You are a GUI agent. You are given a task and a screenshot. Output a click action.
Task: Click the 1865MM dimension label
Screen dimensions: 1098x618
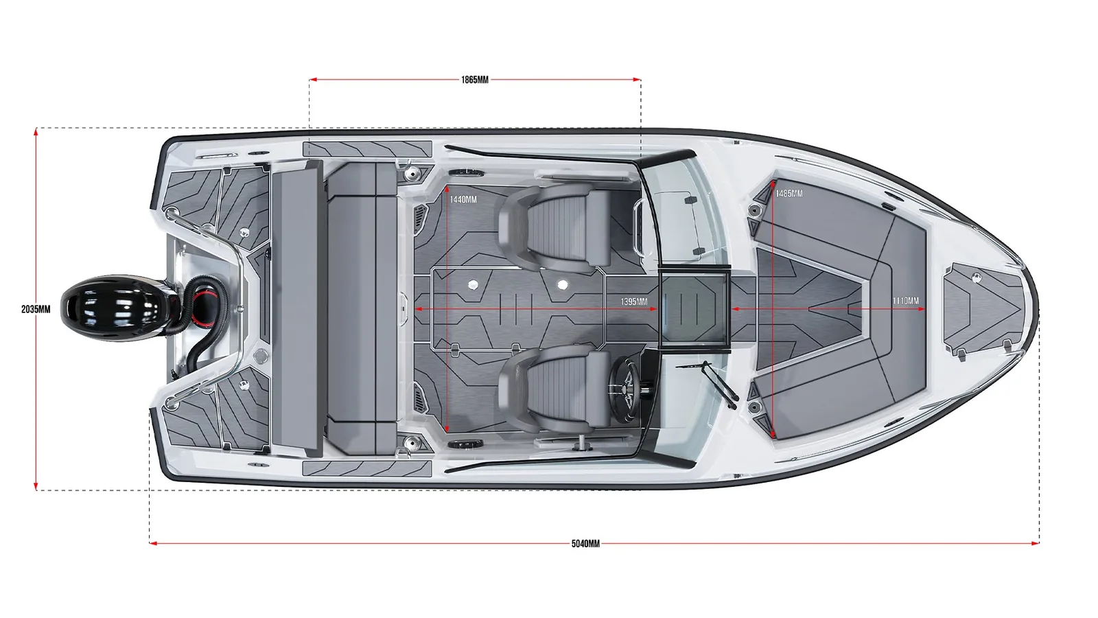click(474, 80)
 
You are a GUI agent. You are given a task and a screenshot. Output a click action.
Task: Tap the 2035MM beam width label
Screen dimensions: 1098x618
click(36, 310)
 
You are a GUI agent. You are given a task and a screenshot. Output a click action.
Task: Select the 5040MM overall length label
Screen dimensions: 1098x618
click(585, 543)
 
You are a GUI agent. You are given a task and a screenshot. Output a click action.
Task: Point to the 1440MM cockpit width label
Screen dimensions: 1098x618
click(463, 200)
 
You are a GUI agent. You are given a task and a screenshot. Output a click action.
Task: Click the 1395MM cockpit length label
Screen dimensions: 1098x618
click(634, 301)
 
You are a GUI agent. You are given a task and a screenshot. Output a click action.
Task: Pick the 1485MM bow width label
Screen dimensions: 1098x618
click(789, 194)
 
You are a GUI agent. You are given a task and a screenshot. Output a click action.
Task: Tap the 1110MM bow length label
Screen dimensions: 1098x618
click(905, 301)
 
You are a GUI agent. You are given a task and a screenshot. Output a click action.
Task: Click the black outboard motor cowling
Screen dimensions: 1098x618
click(115, 308)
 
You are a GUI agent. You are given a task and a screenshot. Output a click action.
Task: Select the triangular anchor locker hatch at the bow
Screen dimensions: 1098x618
click(983, 309)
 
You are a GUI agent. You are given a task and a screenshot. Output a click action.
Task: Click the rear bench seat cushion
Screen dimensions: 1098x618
click(362, 309)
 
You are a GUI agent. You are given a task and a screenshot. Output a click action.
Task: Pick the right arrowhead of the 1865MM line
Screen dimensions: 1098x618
click(637, 80)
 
